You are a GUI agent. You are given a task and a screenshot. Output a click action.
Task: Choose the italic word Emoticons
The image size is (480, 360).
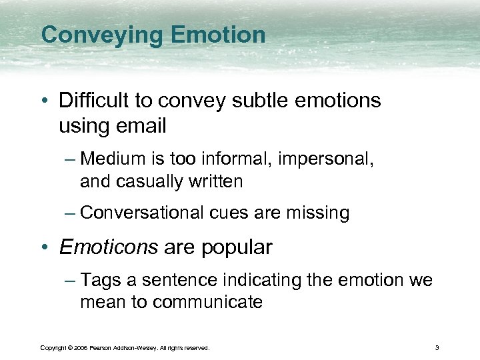click(108, 247)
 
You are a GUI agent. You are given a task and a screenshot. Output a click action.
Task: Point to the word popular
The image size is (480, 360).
click(237, 247)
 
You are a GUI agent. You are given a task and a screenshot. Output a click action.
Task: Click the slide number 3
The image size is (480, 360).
click(436, 347)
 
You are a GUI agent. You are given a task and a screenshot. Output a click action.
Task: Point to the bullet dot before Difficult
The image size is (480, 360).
click(45, 102)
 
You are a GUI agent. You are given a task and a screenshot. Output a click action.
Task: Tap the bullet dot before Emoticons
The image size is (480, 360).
click(45, 248)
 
